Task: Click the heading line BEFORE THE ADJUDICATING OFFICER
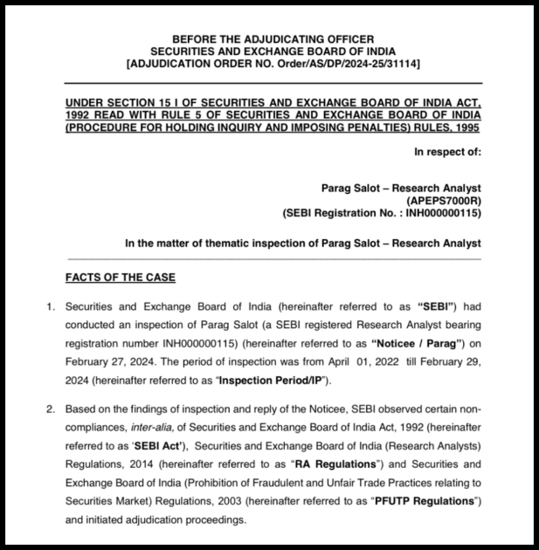pyautogui.click(x=273, y=39)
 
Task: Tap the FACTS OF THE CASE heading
pyautogui.click(x=121, y=278)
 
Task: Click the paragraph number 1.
pyautogui.click(x=51, y=306)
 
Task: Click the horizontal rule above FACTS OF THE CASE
pyautogui.click(x=273, y=258)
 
